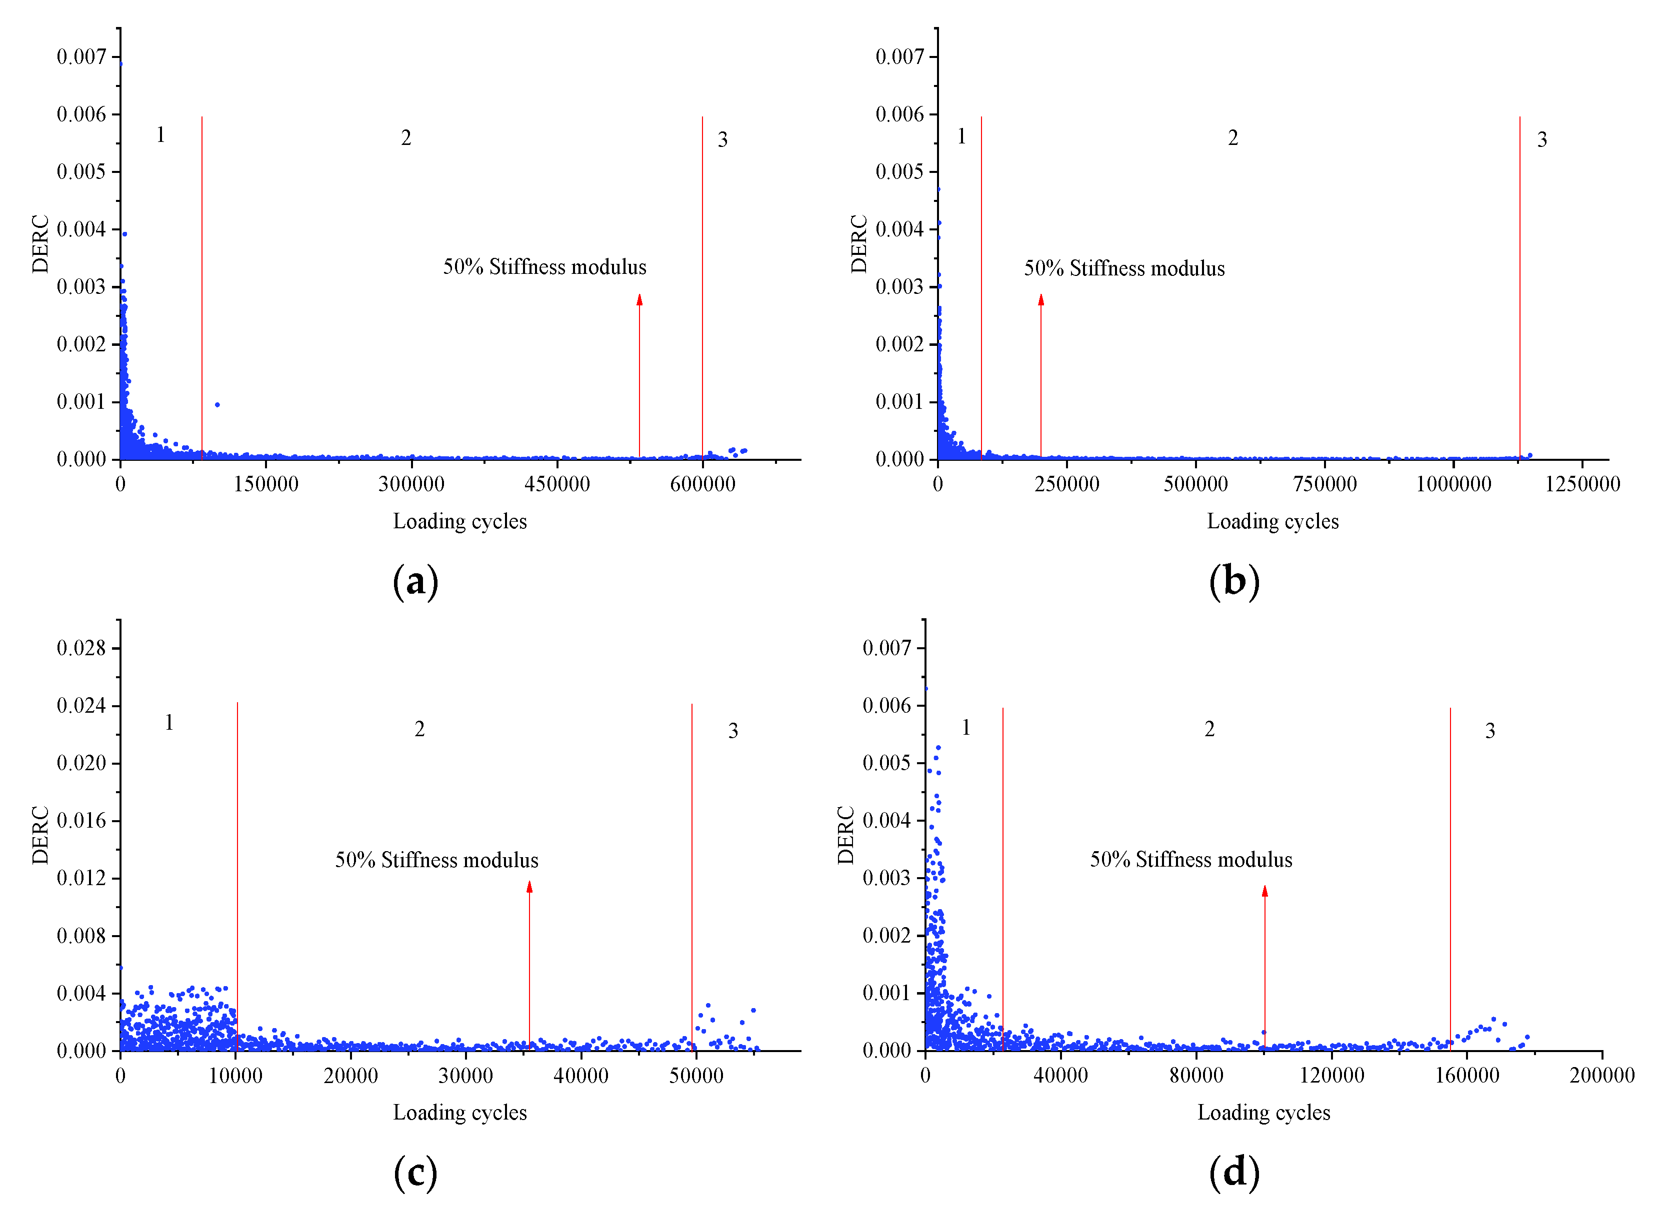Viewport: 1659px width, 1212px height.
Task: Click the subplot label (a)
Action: (x=415, y=582)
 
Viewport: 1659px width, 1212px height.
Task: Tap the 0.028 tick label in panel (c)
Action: (x=81, y=648)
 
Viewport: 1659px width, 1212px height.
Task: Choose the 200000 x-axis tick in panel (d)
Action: (x=1602, y=1076)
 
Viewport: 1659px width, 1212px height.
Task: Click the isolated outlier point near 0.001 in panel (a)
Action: (x=217, y=405)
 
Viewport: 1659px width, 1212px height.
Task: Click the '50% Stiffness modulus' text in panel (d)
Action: (x=1191, y=860)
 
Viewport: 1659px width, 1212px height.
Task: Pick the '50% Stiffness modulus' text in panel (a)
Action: (x=544, y=267)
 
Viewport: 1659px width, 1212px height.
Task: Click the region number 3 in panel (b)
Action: (x=1541, y=140)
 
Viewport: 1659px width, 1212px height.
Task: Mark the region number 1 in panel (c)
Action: (x=169, y=723)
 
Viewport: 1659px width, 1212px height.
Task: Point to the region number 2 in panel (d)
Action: (x=1209, y=729)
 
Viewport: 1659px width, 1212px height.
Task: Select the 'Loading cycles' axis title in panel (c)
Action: (x=459, y=1113)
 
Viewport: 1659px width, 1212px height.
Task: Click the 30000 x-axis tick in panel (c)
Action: (x=465, y=1076)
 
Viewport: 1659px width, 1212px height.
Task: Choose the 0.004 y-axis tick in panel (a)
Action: (x=81, y=229)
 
